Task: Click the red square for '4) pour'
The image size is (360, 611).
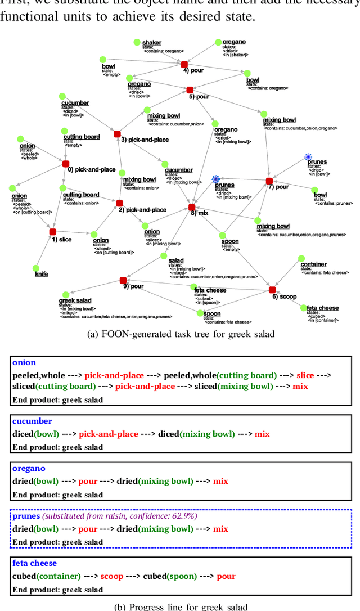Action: click(x=184, y=64)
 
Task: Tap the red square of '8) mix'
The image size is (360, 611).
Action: click(x=192, y=208)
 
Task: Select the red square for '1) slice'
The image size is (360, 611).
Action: click(x=53, y=232)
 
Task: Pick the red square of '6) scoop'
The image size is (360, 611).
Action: click(x=272, y=290)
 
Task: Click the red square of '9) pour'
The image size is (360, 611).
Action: click(x=123, y=280)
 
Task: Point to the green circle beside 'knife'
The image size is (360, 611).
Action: click(x=36, y=268)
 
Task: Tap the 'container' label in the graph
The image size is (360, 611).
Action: click(x=313, y=264)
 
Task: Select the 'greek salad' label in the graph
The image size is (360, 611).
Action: click(x=75, y=301)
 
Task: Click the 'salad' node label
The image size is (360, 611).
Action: click(x=176, y=260)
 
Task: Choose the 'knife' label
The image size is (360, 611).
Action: click(x=42, y=274)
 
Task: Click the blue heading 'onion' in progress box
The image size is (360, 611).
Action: click(x=24, y=363)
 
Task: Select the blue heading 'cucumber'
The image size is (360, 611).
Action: click(x=32, y=421)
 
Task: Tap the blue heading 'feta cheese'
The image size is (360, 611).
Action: click(x=34, y=563)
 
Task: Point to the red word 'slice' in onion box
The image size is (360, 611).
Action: click(x=305, y=375)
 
